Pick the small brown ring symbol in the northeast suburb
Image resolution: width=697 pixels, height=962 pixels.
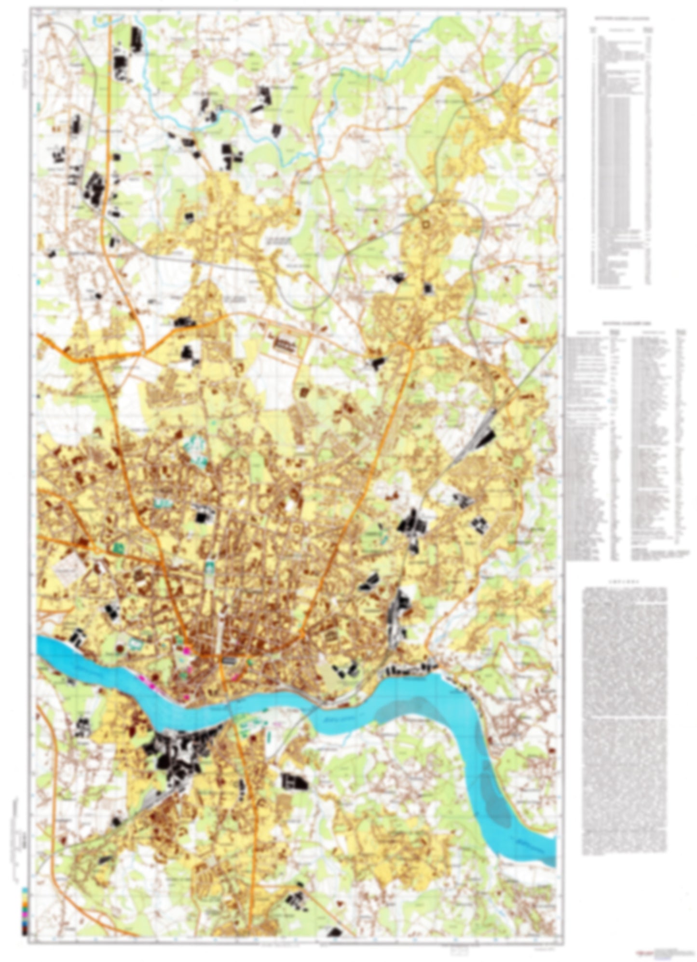(x=425, y=223)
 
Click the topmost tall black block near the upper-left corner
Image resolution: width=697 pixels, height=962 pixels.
(x=137, y=38)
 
